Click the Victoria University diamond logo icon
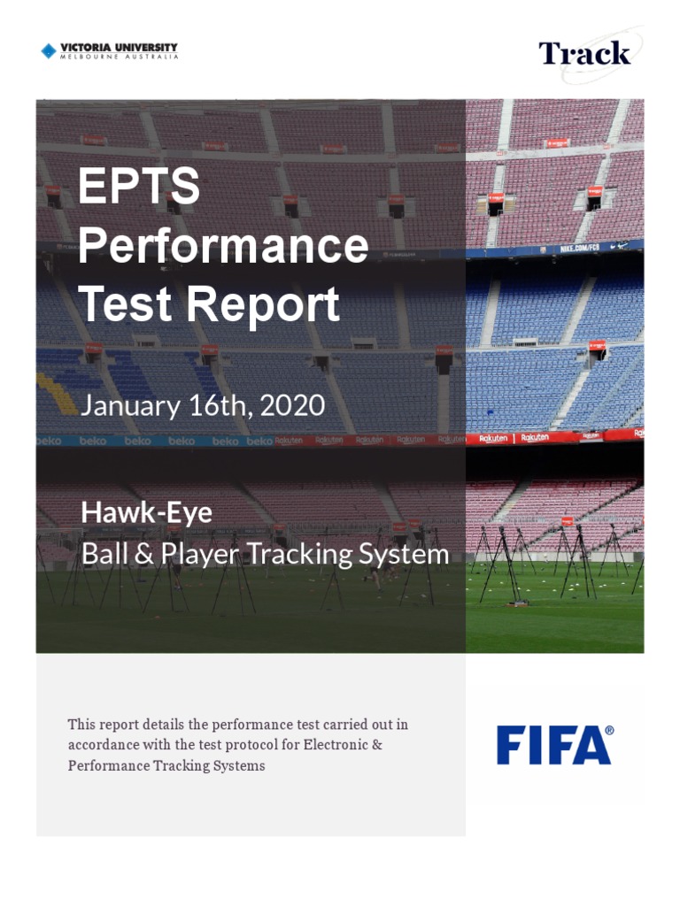(49, 51)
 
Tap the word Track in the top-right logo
(584, 53)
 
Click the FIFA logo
(554, 745)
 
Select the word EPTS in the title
(139, 187)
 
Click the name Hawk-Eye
(146, 512)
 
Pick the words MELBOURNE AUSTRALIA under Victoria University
(119, 57)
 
